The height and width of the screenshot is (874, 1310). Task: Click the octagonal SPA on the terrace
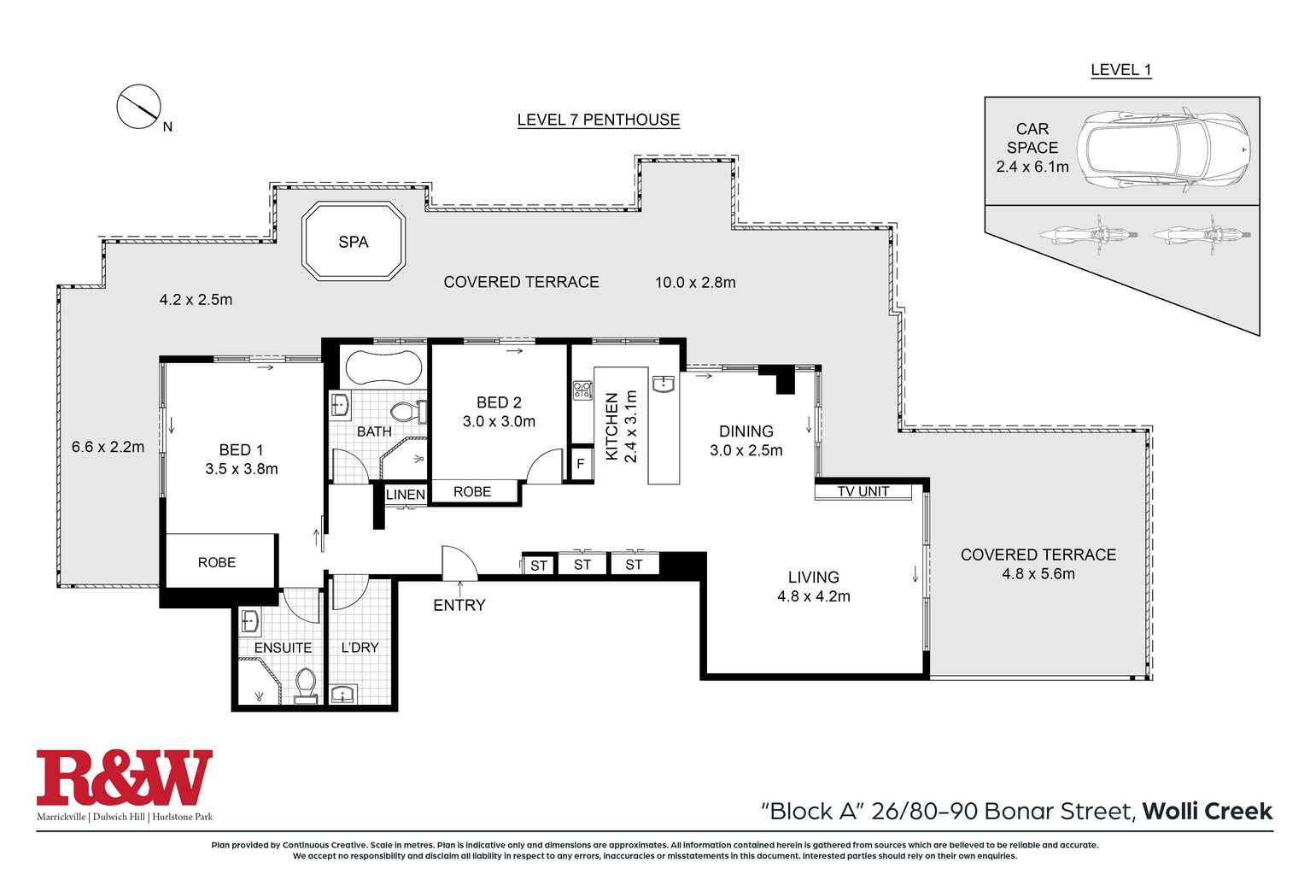(354, 242)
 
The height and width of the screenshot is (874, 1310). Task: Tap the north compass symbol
(138, 108)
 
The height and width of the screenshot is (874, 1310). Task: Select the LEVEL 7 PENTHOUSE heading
(598, 120)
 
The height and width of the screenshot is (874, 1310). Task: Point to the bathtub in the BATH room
(383, 367)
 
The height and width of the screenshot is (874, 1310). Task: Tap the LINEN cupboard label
(405, 495)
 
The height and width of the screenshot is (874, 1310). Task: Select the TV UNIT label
(863, 491)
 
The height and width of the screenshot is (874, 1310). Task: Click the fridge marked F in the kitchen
(581, 465)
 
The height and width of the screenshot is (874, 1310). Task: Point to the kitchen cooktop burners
(582, 390)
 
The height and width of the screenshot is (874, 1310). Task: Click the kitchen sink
(664, 384)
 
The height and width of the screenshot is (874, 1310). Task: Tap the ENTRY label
(459, 605)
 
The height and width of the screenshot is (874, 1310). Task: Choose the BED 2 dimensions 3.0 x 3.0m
(499, 421)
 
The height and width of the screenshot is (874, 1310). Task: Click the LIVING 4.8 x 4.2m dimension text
(813, 596)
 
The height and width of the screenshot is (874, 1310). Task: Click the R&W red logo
(124, 777)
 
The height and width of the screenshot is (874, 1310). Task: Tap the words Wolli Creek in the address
(1207, 810)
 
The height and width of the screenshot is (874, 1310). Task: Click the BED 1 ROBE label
(217, 562)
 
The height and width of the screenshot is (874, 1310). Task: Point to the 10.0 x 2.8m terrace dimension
(694, 282)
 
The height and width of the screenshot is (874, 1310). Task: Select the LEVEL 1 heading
(1120, 70)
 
